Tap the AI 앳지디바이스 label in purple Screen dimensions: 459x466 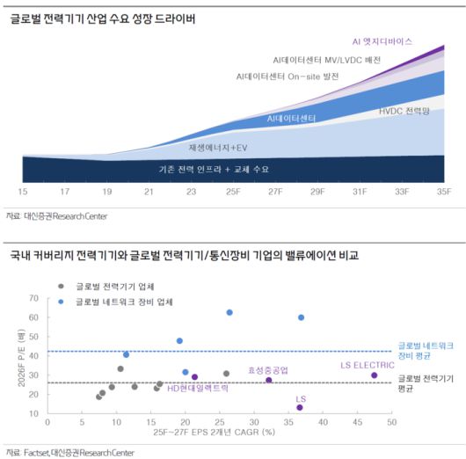pyautogui.click(x=382, y=41)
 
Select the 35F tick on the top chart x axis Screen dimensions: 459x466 pyautogui.click(x=444, y=192)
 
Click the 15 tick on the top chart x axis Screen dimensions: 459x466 pyautogui.click(x=22, y=192)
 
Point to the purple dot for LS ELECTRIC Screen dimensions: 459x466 pyautogui.click(x=375, y=375)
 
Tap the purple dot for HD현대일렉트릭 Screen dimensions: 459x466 pyautogui.click(x=194, y=377)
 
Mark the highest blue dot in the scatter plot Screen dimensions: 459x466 pyautogui.click(x=229, y=312)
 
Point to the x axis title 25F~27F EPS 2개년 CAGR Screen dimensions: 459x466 pyautogui.click(x=224, y=433)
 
